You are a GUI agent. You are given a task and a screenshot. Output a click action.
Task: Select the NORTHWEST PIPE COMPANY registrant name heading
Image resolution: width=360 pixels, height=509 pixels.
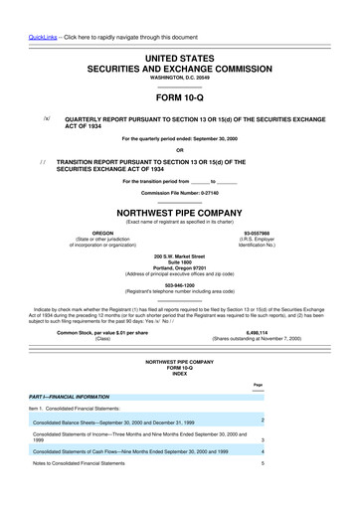[x=180, y=212]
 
